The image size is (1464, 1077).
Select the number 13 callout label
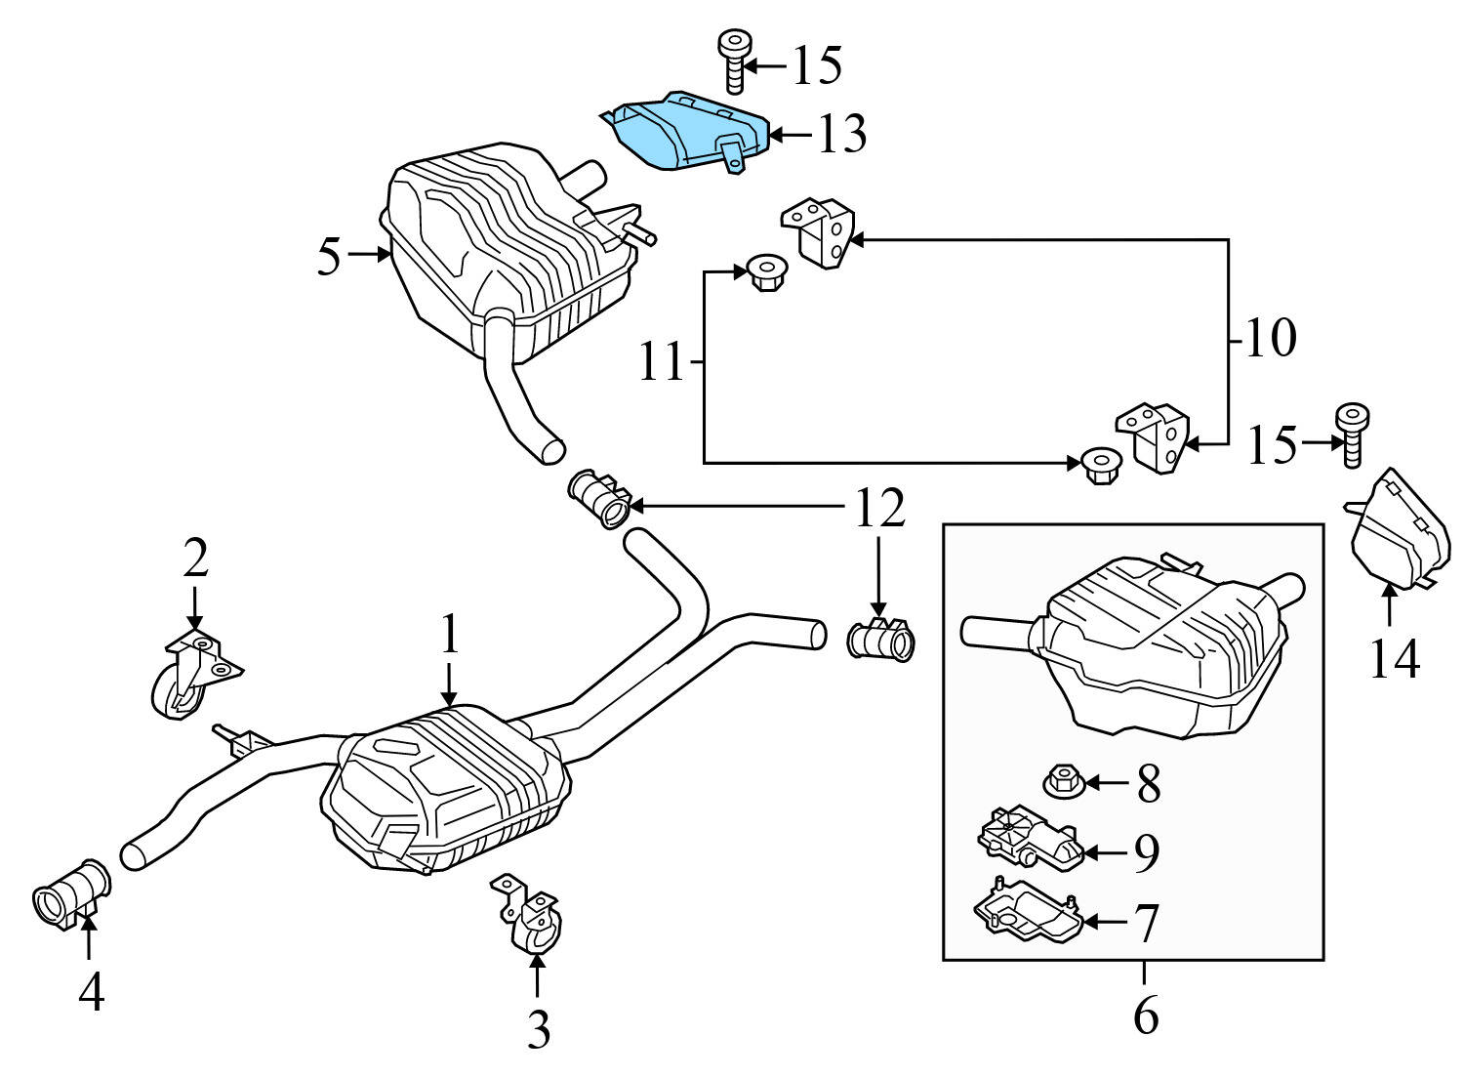pyautogui.click(x=841, y=135)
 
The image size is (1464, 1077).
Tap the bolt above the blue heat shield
pyautogui.click(x=732, y=59)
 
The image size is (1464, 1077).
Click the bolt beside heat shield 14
pyautogui.click(x=1353, y=434)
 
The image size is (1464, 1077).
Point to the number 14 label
pyautogui.click(x=1394, y=660)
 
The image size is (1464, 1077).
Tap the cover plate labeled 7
pyautogui.click(x=1025, y=913)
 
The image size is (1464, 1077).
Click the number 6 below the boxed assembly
pyautogui.click(x=1146, y=1015)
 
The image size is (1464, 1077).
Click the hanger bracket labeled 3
pyautogui.click(x=532, y=916)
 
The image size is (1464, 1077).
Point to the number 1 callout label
pyautogui.click(x=448, y=636)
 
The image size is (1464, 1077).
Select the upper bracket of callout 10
pyautogui.click(x=818, y=231)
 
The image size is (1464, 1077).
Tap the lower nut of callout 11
pyautogui.click(x=1100, y=464)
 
